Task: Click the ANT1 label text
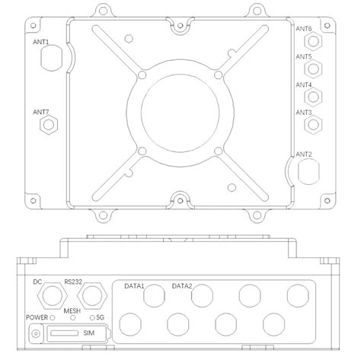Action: tap(40, 42)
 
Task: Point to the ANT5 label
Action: tap(303, 57)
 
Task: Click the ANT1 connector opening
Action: tap(49, 59)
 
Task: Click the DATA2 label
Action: tap(181, 286)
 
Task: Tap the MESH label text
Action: tap(72, 311)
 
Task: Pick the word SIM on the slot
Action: tap(89, 334)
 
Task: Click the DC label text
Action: tap(37, 281)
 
